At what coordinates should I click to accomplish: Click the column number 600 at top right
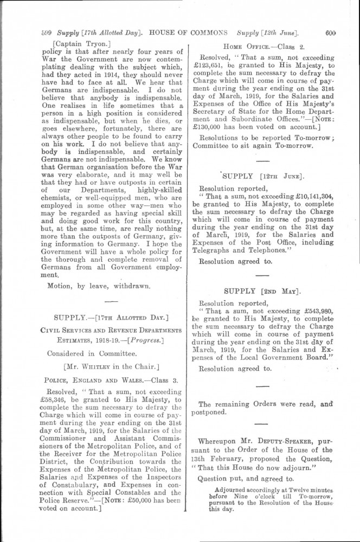pyautogui.click(x=330, y=31)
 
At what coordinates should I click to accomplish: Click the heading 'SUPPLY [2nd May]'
pyautogui.click(x=262, y=291)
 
